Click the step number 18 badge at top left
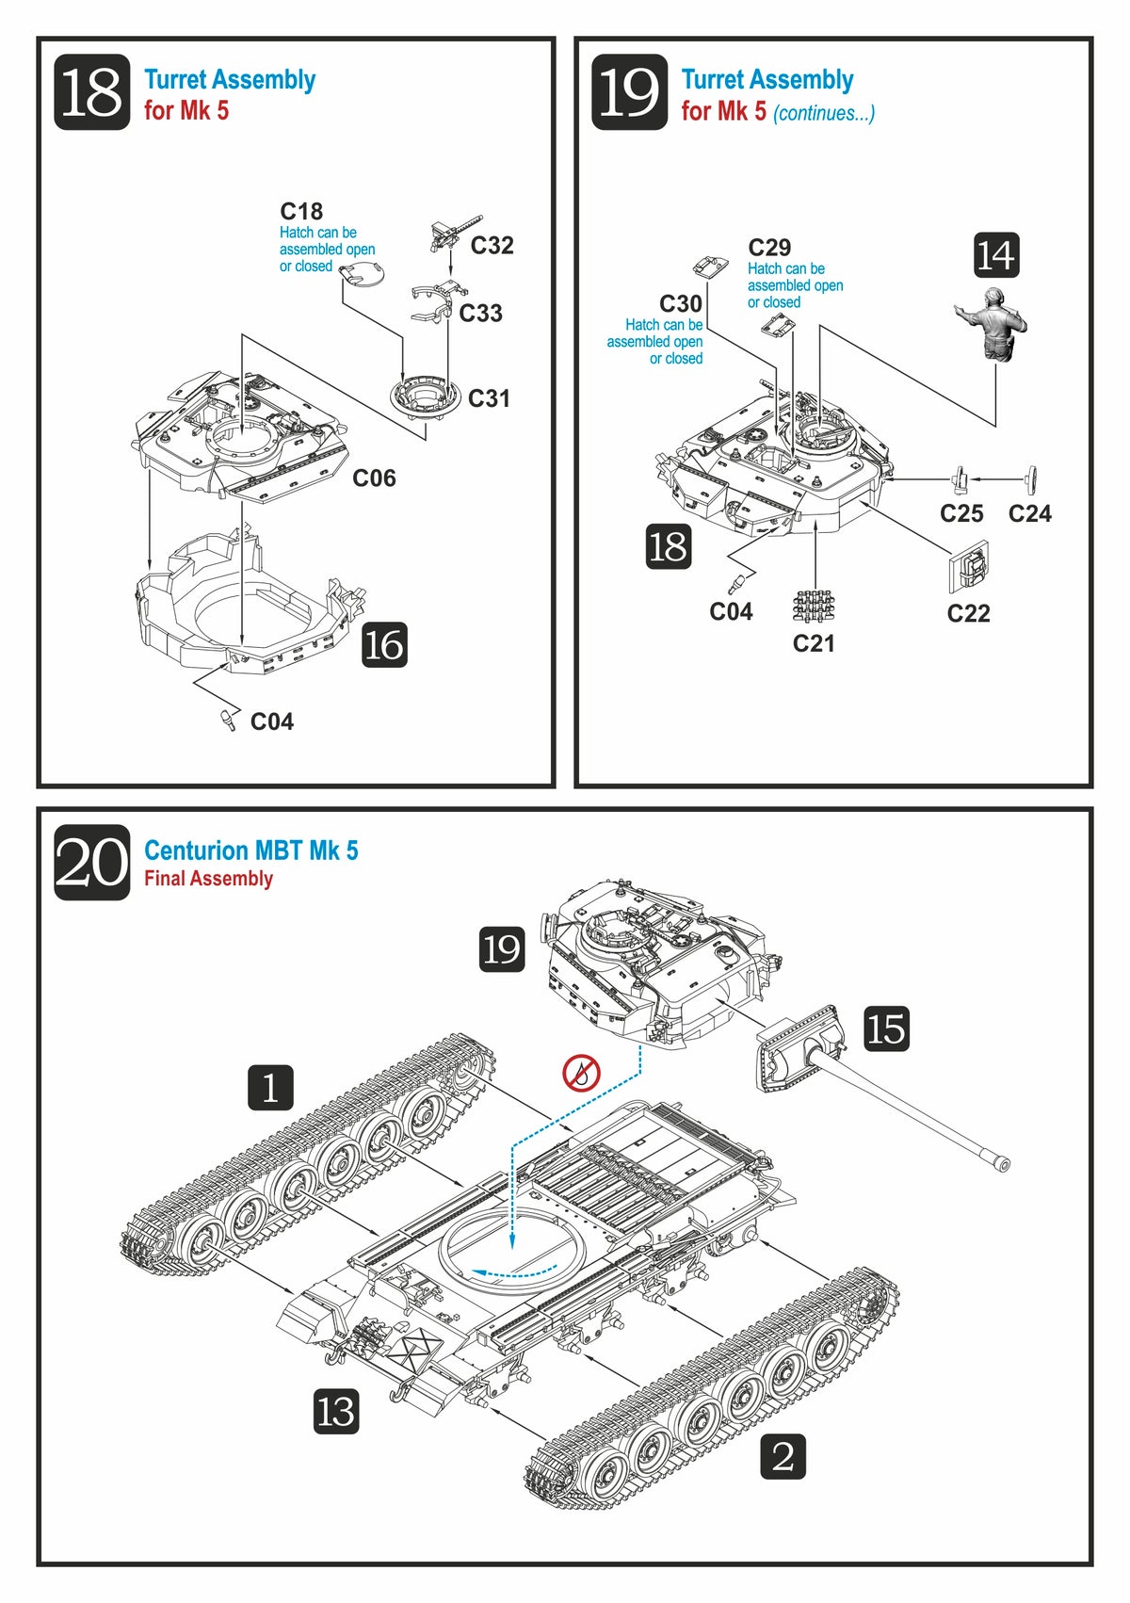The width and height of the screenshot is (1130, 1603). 91,92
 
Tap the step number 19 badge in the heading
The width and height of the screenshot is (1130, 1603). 629,92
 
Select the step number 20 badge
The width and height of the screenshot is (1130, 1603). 91,863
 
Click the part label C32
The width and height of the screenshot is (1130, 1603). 492,246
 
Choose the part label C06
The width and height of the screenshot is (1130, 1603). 374,478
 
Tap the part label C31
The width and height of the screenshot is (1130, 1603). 489,398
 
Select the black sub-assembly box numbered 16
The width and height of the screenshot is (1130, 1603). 384,645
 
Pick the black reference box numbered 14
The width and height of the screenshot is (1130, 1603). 995,255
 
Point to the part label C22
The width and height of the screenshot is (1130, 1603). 968,614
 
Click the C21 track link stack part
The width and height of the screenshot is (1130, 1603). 814,607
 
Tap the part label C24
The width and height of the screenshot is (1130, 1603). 1029,513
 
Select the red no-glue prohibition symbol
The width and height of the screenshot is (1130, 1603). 581,1072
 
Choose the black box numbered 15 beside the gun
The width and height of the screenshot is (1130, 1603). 886,1028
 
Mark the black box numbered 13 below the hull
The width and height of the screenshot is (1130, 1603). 336,1412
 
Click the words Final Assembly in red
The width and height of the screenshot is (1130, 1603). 208,879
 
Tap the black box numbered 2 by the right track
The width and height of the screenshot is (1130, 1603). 783,1456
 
